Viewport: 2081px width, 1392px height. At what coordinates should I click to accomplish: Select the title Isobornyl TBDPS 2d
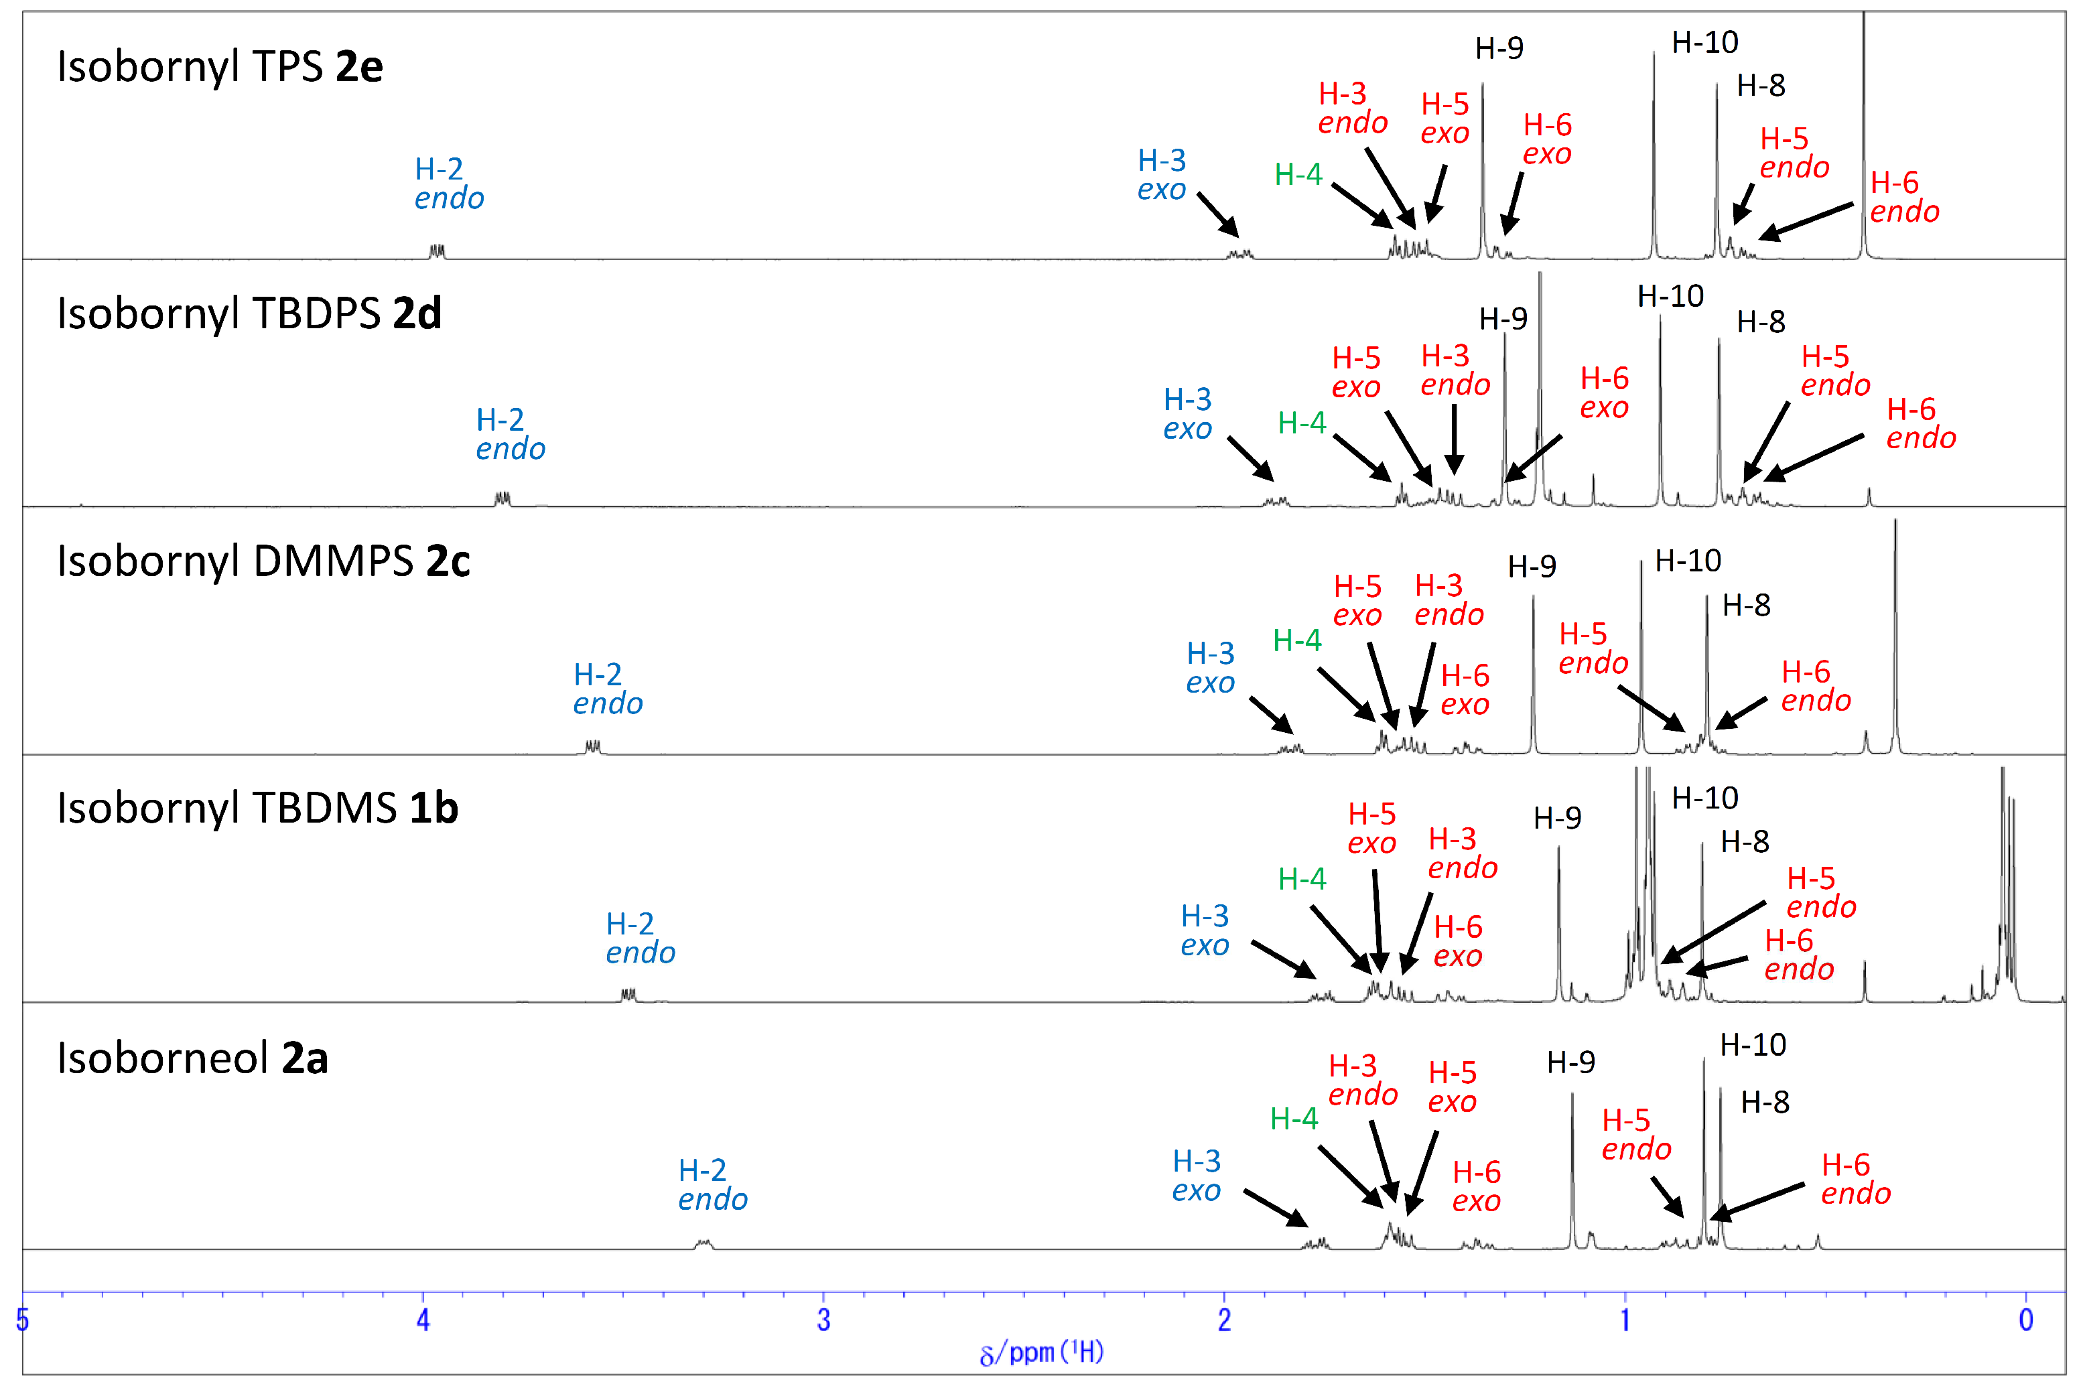pyautogui.click(x=249, y=314)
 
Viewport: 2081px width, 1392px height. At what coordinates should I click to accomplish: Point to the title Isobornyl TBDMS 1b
pyautogui.click(x=257, y=808)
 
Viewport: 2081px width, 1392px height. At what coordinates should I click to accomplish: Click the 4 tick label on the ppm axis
pyautogui.click(x=423, y=1320)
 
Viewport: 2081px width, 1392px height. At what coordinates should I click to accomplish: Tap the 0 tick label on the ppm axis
pyautogui.click(x=2025, y=1320)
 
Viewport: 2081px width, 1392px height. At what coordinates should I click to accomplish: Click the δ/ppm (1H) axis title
pyautogui.click(x=1040, y=1352)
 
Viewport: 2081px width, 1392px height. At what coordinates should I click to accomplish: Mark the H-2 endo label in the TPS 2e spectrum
pyautogui.click(x=448, y=183)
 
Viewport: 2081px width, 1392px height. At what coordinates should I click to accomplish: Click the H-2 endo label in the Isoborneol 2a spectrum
pyautogui.click(x=712, y=1184)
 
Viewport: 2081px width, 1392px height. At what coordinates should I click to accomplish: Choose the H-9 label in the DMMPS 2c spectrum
pyautogui.click(x=1532, y=567)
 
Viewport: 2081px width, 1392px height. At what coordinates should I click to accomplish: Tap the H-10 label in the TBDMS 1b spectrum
pyautogui.click(x=1704, y=798)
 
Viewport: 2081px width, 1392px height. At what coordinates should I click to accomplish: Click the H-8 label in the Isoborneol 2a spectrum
pyautogui.click(x=1764, y=1103)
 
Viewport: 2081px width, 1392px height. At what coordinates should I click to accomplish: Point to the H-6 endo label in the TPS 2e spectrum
pyautogui.click(x=1904, y=197)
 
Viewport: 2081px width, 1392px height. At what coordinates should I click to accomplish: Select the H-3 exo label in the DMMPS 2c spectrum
pyautogui.click(x=1210, y=668)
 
